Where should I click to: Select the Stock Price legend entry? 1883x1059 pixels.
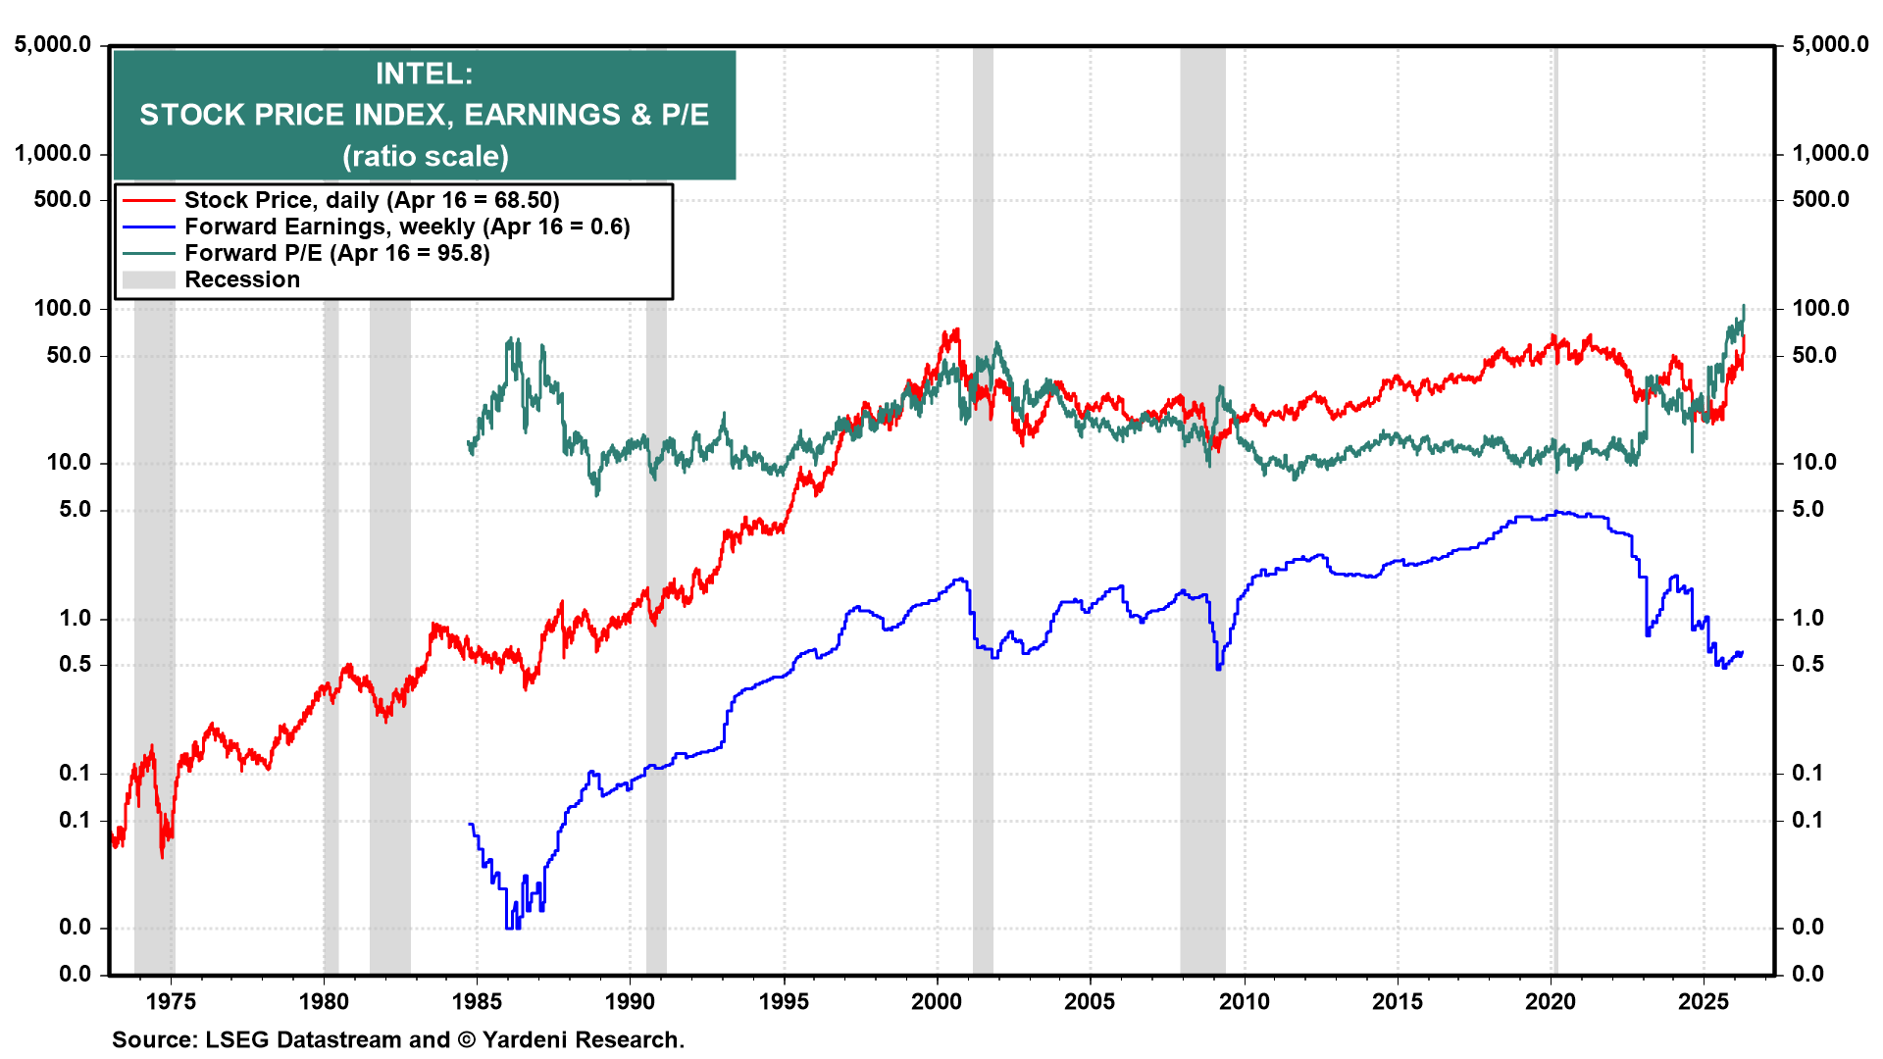[x=371, y=200]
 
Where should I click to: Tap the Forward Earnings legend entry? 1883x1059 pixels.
[x=406, y=227]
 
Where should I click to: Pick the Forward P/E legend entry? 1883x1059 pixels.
[x=335, y=253]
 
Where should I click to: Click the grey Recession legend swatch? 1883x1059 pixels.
[x=148, y=279]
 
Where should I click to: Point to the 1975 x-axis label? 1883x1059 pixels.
[x=171, y=1001]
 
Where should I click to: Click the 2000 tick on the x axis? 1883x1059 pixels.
[x=937, y=1001]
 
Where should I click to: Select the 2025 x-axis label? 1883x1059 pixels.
[x=1704, y=1001]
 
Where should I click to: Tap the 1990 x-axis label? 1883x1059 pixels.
[x=630, y=1001]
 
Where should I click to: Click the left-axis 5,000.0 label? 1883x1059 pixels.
[x=53, y=44]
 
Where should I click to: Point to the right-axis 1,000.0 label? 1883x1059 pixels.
[x=1830, y=153]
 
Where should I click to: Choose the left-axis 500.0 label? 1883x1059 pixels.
[x=62, y=199]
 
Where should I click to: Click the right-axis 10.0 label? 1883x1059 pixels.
[x=1813, y=462]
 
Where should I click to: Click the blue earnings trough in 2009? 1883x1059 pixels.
[x=1218, y=668]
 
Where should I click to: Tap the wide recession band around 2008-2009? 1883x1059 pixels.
[x=1202, y=588]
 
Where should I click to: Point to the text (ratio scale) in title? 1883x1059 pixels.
[x=425, y=156]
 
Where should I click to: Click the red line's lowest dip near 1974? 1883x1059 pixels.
[x=162, y=856]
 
